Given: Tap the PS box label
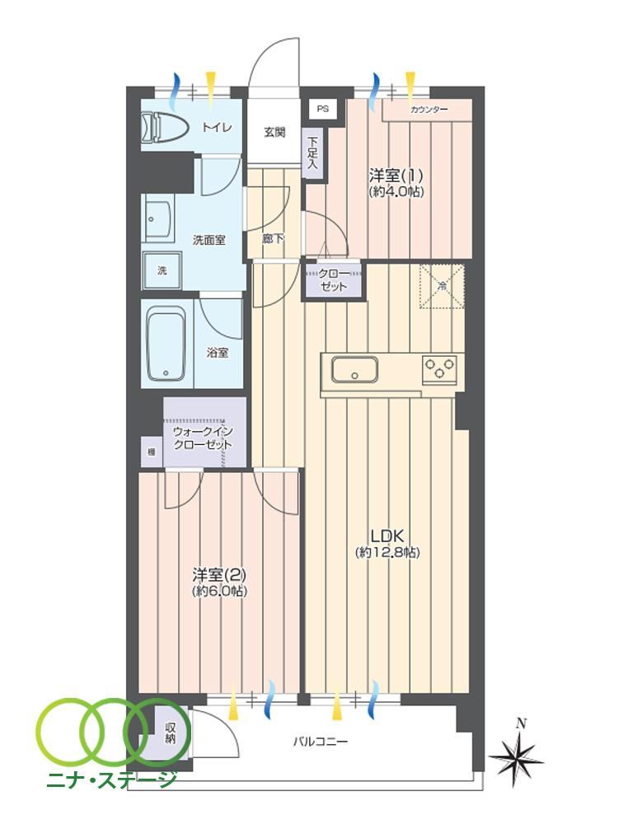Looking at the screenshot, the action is (323, 110).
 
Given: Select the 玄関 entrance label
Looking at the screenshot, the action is (274, 132).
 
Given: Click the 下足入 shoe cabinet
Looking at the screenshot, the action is (312, 153).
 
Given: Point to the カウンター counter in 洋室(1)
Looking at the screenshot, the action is (427, 110).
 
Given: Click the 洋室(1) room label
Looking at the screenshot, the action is (396, 175).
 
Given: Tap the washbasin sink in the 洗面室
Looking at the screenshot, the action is (159, 218).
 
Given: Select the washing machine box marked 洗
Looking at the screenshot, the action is (162, 270).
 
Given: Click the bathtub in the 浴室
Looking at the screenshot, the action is (167, 344).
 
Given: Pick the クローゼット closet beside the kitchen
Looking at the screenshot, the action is (334, 280).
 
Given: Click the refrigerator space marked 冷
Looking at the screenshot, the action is (442, 286).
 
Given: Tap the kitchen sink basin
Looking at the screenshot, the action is (354, 370).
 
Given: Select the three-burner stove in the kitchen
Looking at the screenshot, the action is (440, 369).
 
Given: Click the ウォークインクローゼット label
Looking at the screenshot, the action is (203, 438).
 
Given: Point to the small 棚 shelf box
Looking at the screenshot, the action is (152, 451).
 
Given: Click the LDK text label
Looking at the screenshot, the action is (387, 536).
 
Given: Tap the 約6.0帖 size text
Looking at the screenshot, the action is (219, 591).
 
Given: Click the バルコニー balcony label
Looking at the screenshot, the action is (320, 742).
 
